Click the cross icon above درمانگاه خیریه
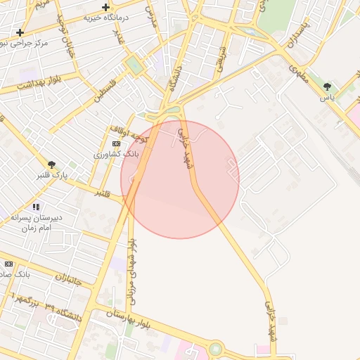(x=105, y=8)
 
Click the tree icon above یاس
(x=327, y=86)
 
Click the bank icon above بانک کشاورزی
(x=116, y=143)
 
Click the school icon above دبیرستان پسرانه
(x=36, y=207)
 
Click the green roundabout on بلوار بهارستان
(x=215, y=349)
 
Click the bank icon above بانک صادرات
(x=8, y=264)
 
